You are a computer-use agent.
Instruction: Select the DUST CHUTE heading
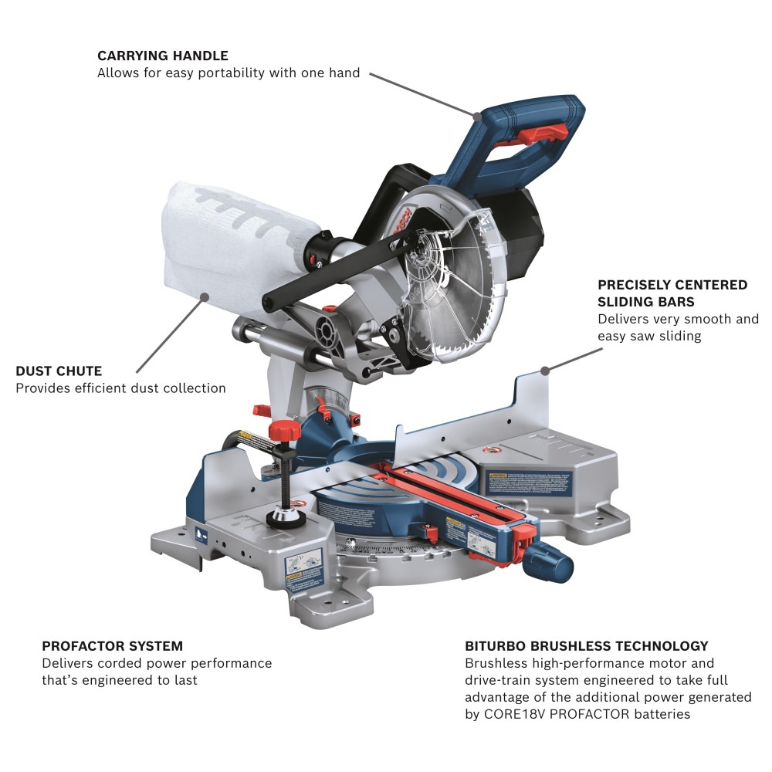click(x=59, y=371)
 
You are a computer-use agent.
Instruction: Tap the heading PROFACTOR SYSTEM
click(x=113, y=645)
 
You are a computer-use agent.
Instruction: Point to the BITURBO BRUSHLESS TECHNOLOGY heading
click(x=587, y=645)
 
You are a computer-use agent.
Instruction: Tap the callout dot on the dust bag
click(x=203, y=296)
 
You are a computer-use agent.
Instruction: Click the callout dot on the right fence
click(x=544, y=371)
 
